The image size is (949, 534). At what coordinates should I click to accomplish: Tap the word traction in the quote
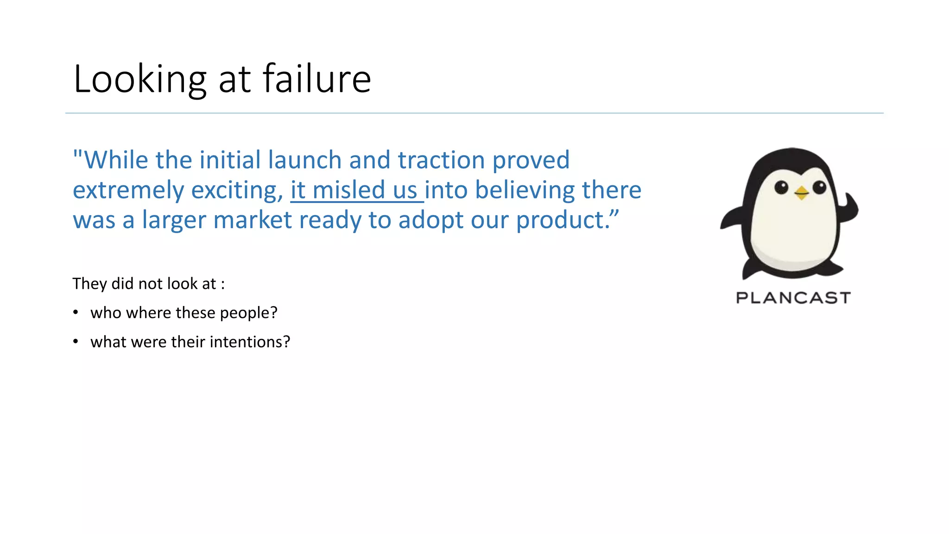click(441, 160)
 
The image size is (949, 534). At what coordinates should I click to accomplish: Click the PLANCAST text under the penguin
click(793, 298)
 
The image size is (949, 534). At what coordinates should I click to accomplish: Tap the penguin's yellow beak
click(801, 192)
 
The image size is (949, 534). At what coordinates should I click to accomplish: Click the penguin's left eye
click(781, 187)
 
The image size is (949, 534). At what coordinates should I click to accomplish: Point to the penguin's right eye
click(819, 187)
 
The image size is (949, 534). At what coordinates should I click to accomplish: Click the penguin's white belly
click(792, 232)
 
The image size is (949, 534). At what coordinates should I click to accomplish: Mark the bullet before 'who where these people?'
click(76, 312)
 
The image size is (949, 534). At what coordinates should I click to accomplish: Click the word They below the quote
click(89, 284)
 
